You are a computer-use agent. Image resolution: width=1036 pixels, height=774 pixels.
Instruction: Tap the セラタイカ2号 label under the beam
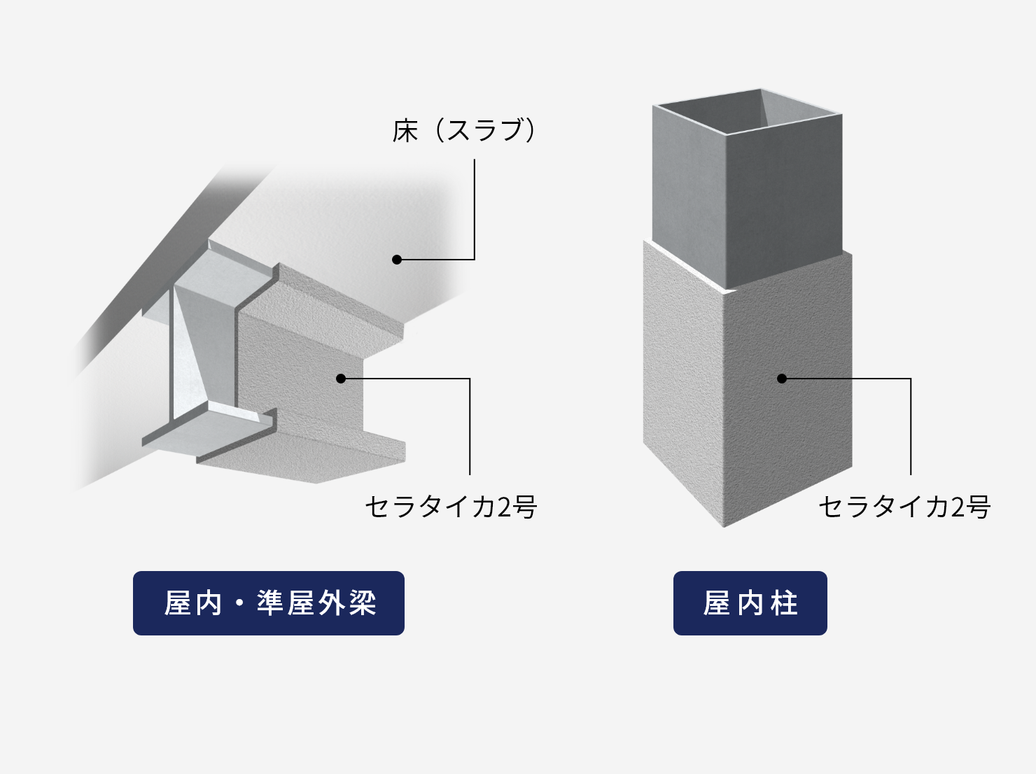(x=450, y=507)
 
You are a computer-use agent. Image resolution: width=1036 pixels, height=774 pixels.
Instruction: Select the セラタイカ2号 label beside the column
(x=904, y=507)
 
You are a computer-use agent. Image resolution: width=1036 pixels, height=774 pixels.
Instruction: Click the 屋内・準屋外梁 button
(x=269, y=603)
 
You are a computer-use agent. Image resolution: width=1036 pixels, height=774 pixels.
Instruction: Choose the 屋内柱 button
(x=750, y=603)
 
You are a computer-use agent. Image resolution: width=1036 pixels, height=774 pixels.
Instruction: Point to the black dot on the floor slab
(x=397, y=260)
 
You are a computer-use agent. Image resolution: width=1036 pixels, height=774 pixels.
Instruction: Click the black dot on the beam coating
(x=341, y=379)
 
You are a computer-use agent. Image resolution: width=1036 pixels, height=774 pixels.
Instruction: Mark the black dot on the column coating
(x=782, y=379)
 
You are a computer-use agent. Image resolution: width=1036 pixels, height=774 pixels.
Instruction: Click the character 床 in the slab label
(x=405, y=131)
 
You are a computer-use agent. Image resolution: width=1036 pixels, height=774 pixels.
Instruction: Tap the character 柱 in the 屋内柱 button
(x=785, y=603)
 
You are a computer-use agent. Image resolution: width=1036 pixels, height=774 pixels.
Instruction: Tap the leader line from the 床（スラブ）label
(x=474, y=210)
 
